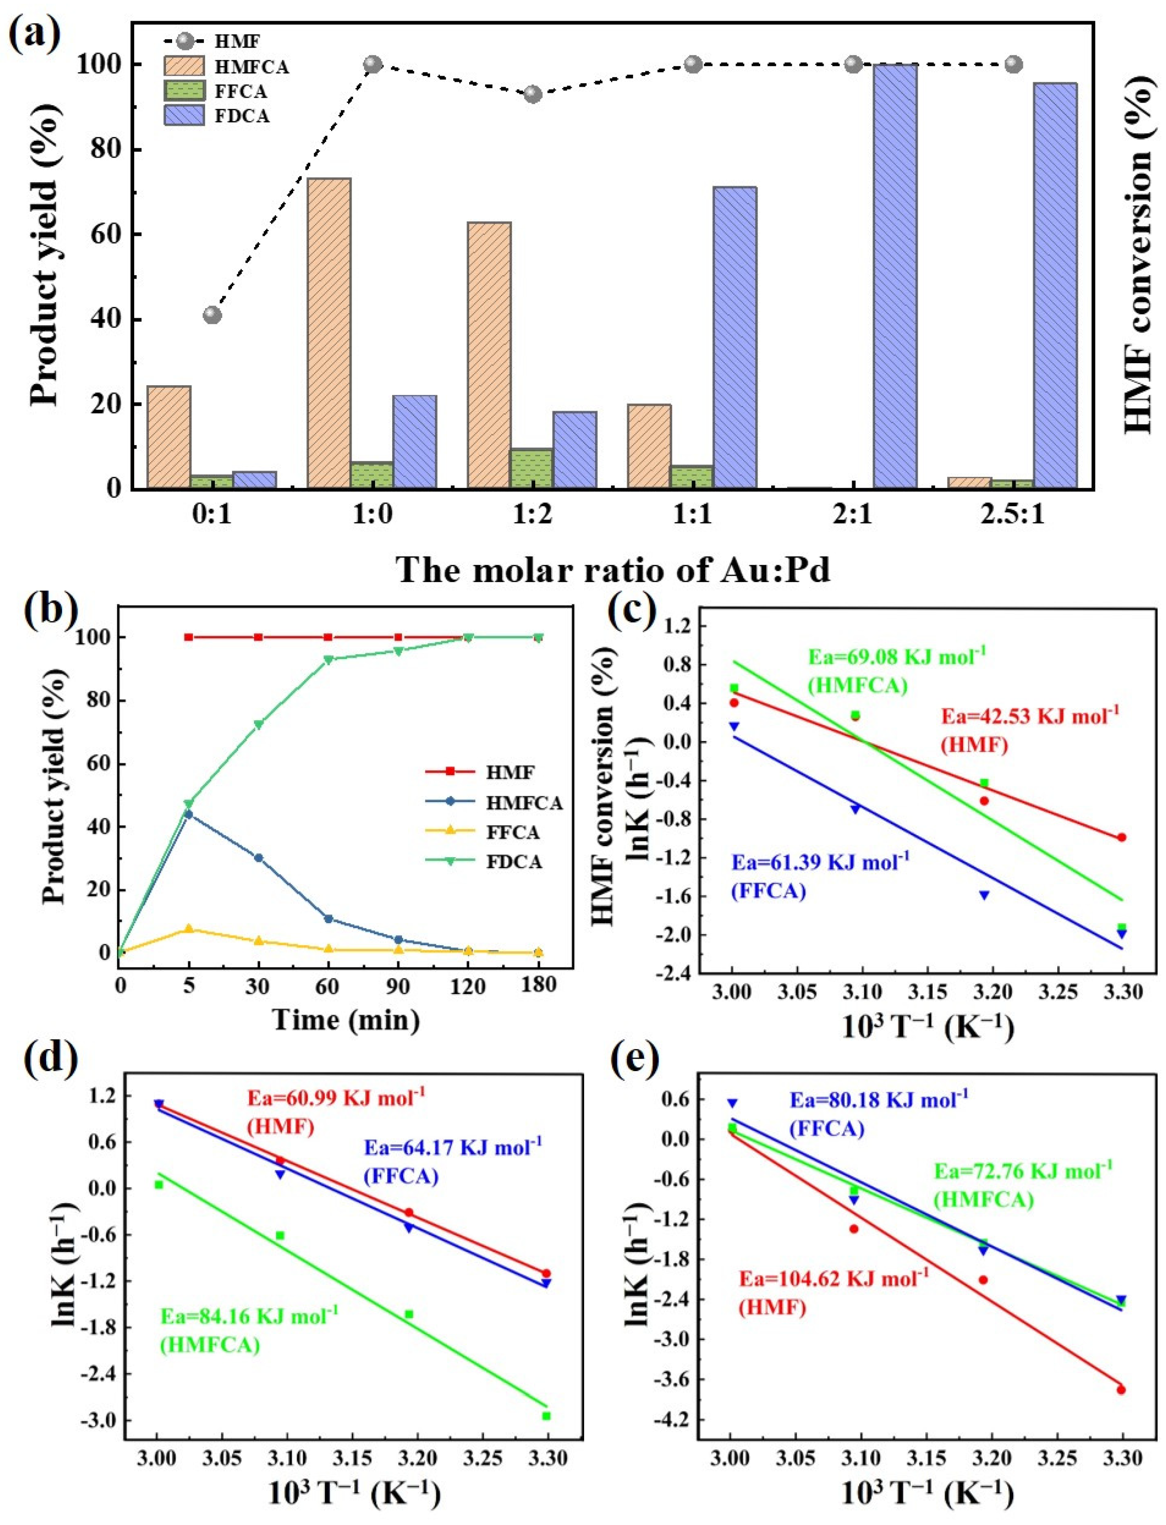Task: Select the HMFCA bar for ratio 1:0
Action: (x=329, y=333)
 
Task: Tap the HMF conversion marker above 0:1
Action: (x=212, y=315)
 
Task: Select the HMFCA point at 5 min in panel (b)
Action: (x=188, y=814)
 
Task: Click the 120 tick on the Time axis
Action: (x=468, y=985)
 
